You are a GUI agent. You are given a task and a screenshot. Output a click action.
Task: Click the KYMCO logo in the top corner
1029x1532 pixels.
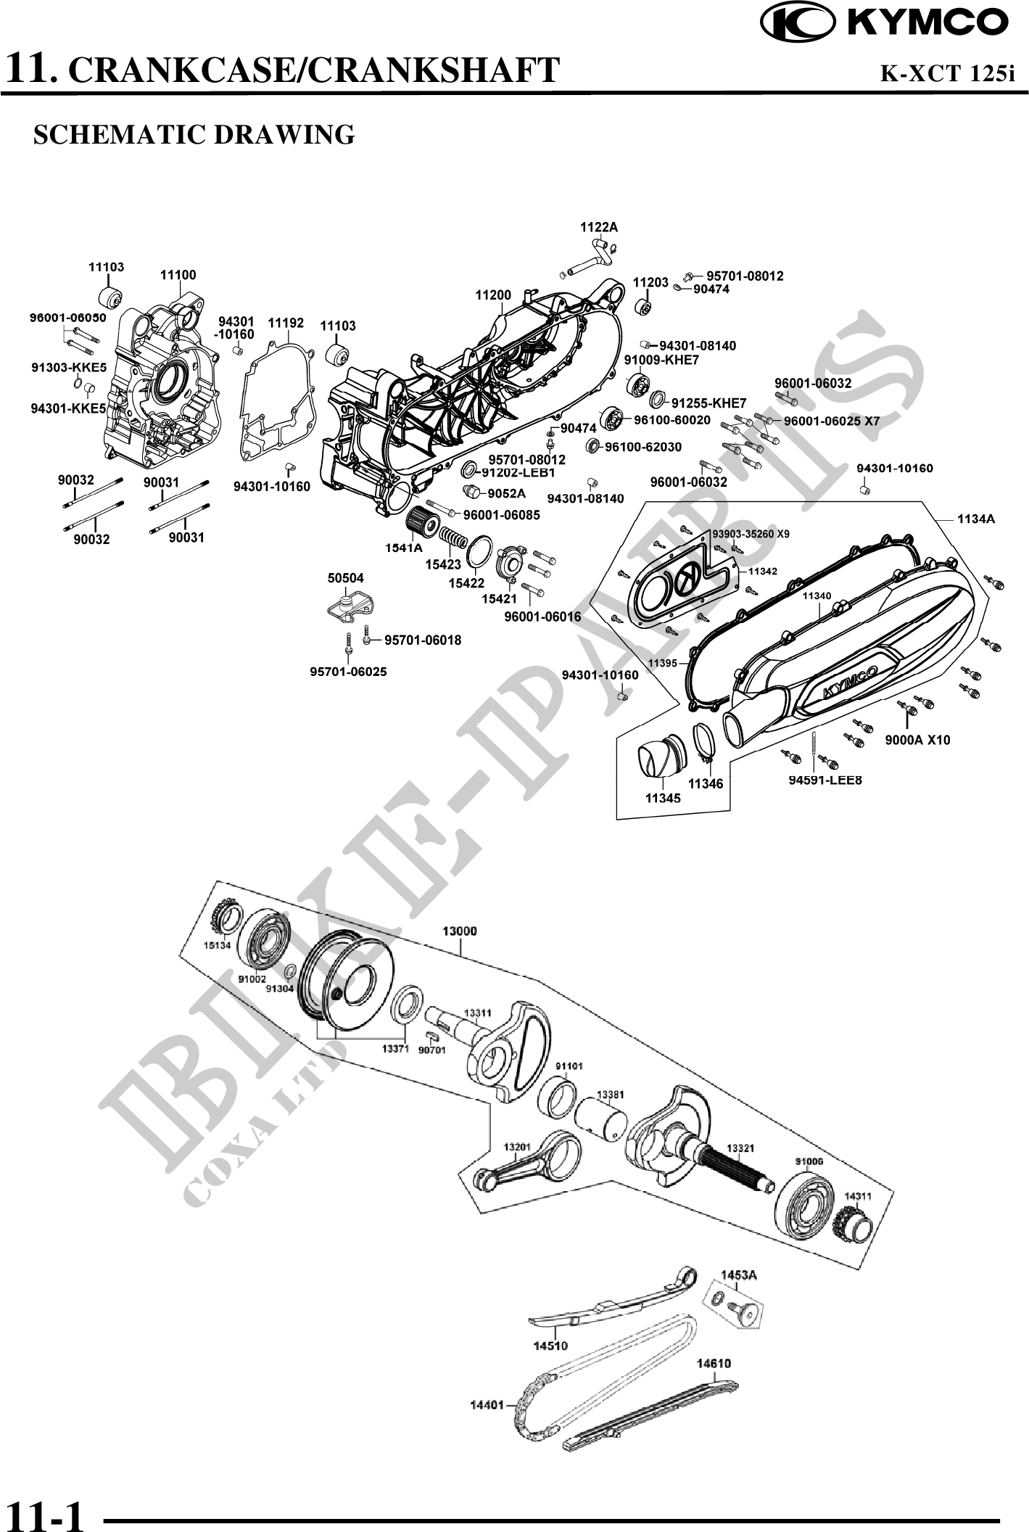click(x=884, y=22)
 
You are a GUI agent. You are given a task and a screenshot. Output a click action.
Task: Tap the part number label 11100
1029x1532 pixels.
click(x=178, y=275)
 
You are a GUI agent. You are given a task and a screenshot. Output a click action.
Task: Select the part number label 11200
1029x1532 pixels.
click(x=493, y=295)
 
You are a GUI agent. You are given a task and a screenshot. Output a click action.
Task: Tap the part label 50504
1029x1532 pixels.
click(x=345, y=578)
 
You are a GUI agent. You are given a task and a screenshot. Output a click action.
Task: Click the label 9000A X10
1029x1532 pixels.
click(x=917, y=740)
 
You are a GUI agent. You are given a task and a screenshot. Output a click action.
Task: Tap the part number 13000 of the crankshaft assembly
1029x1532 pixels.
click(x=460, y=931)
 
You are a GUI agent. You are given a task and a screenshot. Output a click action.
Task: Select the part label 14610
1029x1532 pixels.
click(x=714, y=1363)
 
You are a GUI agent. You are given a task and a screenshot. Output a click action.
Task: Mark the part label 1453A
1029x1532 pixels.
click(x=738, y=1274)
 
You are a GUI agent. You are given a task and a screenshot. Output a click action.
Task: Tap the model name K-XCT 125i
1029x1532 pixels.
click(x=946, y=73)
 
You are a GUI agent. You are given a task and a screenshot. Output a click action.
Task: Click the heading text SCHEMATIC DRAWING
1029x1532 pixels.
click(x=194, y=135)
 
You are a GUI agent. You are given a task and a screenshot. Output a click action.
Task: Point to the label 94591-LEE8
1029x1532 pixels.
click(x=825, y=780)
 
